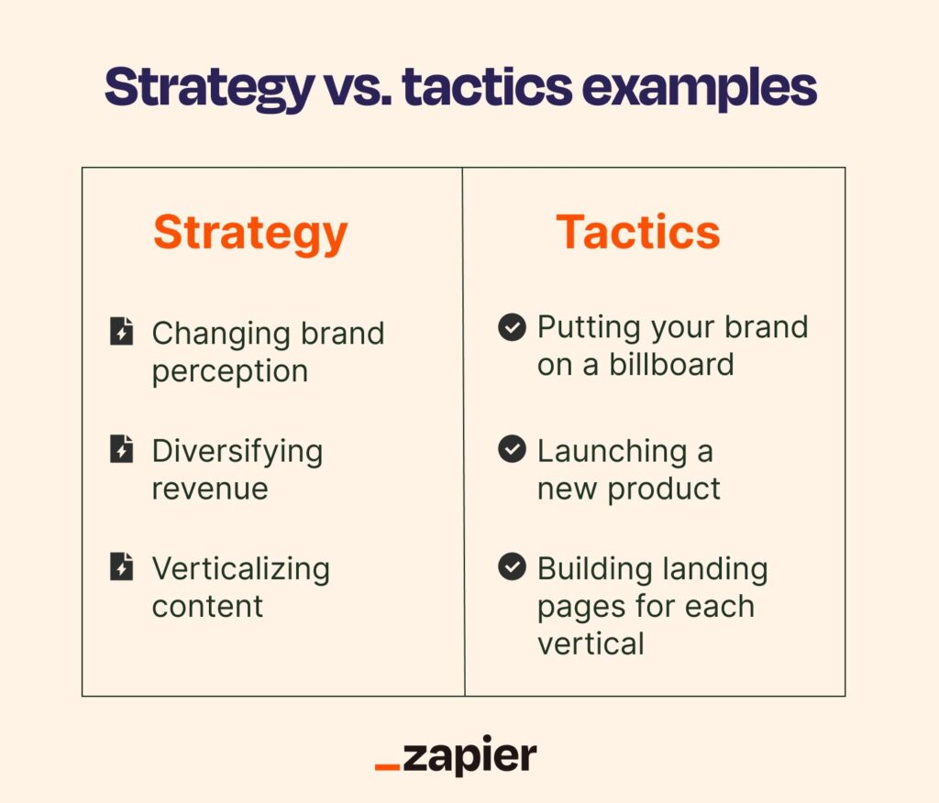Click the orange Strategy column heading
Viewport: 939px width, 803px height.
[x=250, y=233]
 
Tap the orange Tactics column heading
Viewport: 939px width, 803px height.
[x=638, y=233]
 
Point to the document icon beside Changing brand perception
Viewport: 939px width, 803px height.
[x=121, y=332]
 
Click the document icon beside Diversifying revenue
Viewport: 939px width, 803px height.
[x=121, y=450]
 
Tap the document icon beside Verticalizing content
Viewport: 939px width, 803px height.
[x=121, y=567]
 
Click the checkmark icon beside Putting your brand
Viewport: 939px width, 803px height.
[x=512, y=327]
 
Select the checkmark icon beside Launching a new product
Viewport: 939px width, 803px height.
[x=512, y=450]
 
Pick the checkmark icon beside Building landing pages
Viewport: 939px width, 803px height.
[x=512, y=567]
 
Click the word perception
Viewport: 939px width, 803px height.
[x=230, y=372]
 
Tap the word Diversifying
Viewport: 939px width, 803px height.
[x=238, y=452]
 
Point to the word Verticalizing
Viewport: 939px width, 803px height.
[x=240, y=569]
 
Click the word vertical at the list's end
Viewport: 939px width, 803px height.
[x=591, y=643]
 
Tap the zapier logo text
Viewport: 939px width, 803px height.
[x=469, y=757]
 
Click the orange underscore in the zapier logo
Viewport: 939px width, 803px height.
[x=387, y=767]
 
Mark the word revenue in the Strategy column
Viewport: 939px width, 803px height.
[x=210, y=489]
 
